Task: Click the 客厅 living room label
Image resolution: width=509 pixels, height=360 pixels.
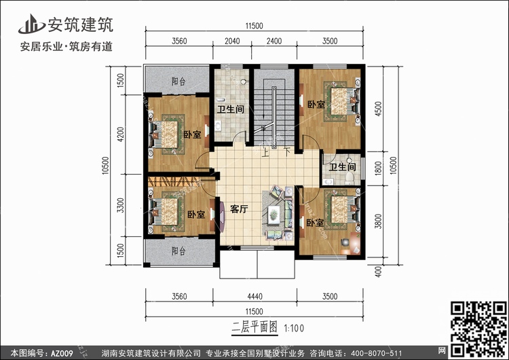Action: [239, 209]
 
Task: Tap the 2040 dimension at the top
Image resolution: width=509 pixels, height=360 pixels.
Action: [232, 41]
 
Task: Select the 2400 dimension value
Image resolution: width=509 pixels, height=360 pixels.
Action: [274, 41]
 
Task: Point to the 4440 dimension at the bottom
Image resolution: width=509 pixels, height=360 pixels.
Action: [254, 296]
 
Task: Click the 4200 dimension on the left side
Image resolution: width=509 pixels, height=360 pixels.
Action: [120, 134]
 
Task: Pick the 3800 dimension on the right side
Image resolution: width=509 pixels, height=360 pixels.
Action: [378, 221]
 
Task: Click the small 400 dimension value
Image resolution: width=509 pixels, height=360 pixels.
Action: [378, 272]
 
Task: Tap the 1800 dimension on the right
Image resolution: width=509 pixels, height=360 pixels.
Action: [378, 168]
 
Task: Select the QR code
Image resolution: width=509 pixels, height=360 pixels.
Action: [478, 329]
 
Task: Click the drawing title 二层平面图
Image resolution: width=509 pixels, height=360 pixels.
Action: [254, 327]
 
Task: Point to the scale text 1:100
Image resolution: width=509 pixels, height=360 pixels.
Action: [294, 328]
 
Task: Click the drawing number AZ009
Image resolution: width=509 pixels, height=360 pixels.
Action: [62, 353]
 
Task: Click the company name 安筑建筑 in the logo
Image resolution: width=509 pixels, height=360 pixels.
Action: [81, 24]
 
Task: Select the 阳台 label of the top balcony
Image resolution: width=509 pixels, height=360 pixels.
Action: [178, 82]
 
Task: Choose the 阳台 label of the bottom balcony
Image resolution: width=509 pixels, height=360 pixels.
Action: [178, 251]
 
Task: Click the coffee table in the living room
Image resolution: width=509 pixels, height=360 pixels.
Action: [274, 215]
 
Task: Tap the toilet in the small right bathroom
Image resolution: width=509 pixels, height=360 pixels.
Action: [350, 178]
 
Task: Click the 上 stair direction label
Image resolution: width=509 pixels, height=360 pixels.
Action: [265, 152]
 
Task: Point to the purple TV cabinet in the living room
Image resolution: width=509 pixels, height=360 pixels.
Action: [221, 217]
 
